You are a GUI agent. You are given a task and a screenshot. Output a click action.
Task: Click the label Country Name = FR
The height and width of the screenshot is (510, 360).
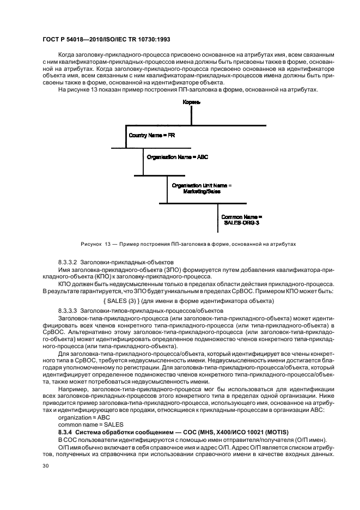pos(152,134)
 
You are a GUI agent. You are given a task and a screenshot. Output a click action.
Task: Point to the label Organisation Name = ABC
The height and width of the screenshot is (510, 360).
pos(178,157)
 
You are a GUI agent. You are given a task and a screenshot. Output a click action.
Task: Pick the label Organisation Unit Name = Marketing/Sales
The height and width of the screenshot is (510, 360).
pos(202,189)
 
